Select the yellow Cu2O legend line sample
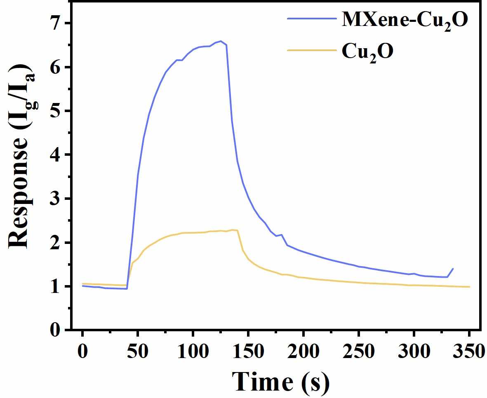click(x=311, y=50)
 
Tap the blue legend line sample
click(x=311, y=18)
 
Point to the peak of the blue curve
click(x=221, y=41)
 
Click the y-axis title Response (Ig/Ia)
click(x=21, y=157)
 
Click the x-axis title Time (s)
click(x=280, y=381)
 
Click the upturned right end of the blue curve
click(x=453, y=269)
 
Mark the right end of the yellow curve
click(x=469, y=287)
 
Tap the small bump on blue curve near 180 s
click(x=281, y=235)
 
